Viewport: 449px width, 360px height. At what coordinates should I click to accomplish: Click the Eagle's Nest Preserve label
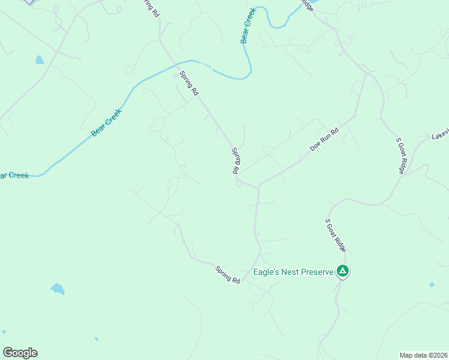click(293, 272)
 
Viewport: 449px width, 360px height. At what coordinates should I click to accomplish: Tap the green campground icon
click(343, 272)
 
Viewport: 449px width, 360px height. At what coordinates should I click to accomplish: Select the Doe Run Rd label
click(324, 139)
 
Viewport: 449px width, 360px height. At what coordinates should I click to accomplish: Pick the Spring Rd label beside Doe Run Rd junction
click(237, 161)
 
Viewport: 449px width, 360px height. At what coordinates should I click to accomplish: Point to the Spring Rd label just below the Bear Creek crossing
click(189, 83)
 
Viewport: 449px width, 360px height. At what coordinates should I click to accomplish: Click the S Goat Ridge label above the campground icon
click(336, 235)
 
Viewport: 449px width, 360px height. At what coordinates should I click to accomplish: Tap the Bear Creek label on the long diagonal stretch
click(106, 122)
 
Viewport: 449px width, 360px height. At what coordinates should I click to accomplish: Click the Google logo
click(20, 353)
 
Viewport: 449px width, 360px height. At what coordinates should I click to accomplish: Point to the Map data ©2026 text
click(423, 355)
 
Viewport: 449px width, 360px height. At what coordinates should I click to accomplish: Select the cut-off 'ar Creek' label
click(13, 175)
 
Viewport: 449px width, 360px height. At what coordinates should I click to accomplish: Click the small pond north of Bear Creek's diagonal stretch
click(40, 60)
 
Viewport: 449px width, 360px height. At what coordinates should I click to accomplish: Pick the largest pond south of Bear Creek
click(58, 289)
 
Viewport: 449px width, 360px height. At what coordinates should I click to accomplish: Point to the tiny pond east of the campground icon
click(432, 285)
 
